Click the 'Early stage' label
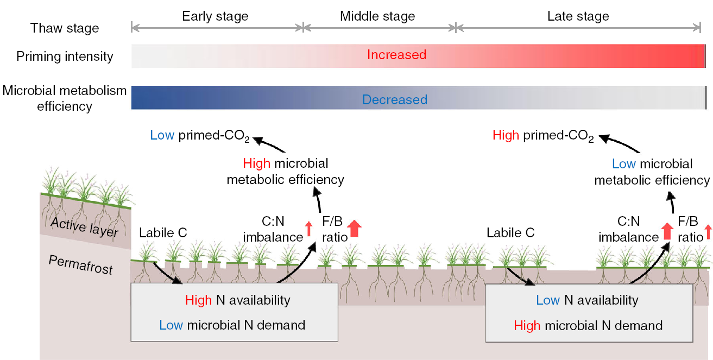(215, 16)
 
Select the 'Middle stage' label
(377, 16)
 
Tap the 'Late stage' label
(578, 16)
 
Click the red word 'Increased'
(396, 55)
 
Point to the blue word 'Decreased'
(395, 100)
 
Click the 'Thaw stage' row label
(65, 28)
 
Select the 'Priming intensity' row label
(65, 56)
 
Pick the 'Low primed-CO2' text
(199, 136)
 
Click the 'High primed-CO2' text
(543, 136)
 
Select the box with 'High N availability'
(235, 312)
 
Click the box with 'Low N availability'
(588, 312)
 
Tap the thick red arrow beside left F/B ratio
(354, 229)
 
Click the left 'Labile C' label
(163, 233)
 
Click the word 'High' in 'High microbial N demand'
(527, 326)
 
